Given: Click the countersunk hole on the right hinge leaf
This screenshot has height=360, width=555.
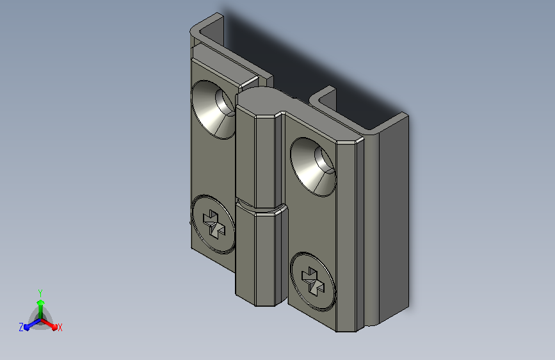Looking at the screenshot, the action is [x=313, y=167].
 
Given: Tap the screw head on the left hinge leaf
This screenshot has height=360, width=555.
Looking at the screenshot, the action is [x=213, y=224].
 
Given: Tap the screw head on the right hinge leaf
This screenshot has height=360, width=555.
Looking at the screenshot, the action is [x=312, y=282].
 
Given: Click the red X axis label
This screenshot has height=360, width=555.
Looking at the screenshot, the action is [x=60, y=327].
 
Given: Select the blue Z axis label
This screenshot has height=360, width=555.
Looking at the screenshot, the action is [x=21, y=327].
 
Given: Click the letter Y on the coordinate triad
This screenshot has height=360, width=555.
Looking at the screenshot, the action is [x=40, y=293].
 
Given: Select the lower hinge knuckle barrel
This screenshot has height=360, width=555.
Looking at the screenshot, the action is [x=261, y=255].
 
